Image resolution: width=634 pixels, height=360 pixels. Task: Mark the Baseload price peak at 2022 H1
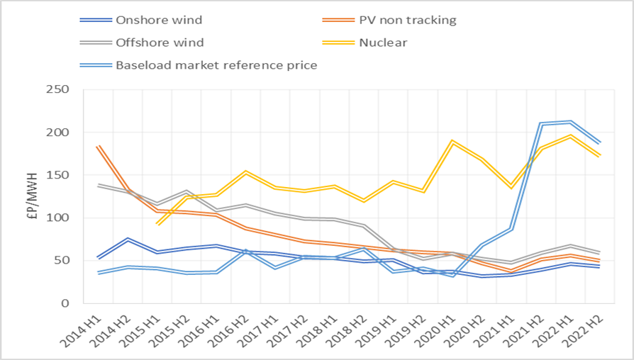[572, 122]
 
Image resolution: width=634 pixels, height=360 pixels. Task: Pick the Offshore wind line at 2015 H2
[187, 191]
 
